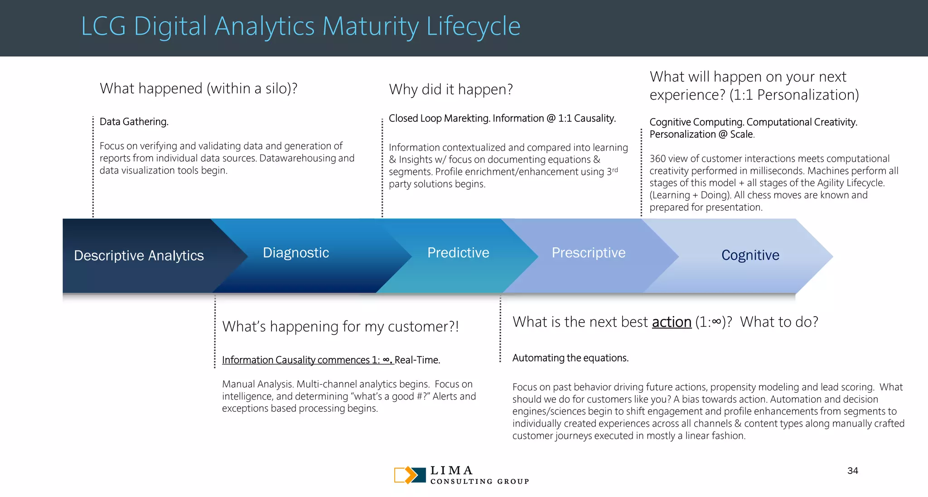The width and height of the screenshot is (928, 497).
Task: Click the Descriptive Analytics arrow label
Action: [139, 256]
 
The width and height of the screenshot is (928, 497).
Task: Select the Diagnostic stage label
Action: [296, 253]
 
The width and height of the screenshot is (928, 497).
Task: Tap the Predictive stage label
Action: [458, 253]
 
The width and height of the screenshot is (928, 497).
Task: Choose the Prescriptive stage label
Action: [588, 253]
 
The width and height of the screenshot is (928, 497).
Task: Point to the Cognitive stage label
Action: [750, 255]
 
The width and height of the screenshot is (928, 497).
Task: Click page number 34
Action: [852, 471]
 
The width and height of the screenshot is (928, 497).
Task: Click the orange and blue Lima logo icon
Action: [410, 475]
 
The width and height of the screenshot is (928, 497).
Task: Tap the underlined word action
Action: [671, 322]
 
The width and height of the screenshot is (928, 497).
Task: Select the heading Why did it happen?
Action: [450, 89]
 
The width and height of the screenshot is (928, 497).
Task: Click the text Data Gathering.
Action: [134, 122]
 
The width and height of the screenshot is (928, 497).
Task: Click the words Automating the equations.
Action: [570, 358]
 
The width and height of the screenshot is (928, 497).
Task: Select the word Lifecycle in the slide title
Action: [473, 26]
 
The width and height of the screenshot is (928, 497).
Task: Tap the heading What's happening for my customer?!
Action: [340, 327]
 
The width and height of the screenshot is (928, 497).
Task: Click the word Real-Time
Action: [417, 360]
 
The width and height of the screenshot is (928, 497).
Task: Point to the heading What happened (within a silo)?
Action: [198, 88]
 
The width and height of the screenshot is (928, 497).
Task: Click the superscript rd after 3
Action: [615, 170]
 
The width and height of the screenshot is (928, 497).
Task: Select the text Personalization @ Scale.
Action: [701, 135]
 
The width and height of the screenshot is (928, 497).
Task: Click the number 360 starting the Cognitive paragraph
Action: [657, 159]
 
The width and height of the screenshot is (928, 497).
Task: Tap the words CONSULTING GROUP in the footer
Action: [479, 482]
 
